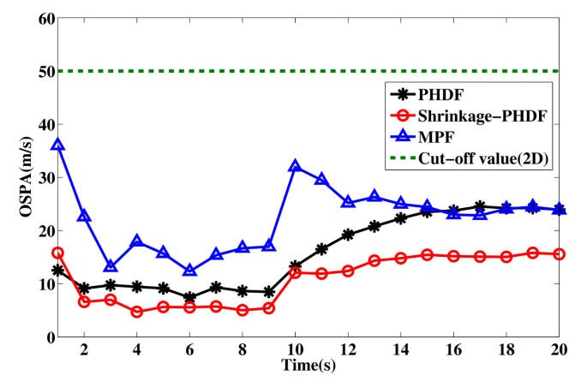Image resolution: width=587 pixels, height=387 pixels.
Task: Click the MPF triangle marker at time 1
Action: click(x=57, y=144)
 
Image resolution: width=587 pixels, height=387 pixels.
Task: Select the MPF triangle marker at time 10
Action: click(x=295, y=166)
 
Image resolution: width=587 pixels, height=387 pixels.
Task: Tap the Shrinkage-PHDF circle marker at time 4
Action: click(x=136, y=312)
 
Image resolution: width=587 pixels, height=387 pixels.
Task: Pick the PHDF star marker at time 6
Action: click(x=189, y=297)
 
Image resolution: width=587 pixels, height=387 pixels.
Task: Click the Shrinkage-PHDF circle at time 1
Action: click(x=57, y=253)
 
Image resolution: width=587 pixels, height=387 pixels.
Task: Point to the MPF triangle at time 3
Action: click(x=111, y=266)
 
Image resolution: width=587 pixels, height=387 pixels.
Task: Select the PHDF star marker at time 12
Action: click(x=348, y=234)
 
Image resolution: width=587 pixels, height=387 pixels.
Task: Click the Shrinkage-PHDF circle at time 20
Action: click(x=559, y=253)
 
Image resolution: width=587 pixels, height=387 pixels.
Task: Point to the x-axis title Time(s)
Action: click(x=308, y=366)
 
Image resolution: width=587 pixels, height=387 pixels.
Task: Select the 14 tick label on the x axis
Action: click(x=400, y=350)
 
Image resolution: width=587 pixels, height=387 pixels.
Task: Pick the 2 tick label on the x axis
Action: click(x=84, y=350)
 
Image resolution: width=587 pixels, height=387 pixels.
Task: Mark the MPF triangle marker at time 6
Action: click(x=189, y=271)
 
